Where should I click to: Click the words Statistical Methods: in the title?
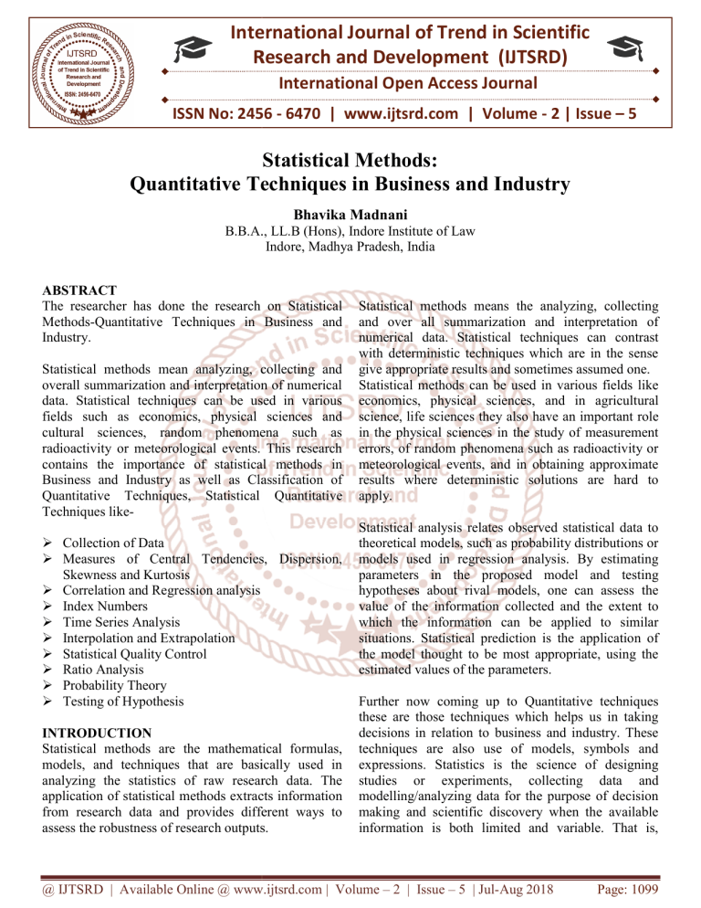(350, 158)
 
